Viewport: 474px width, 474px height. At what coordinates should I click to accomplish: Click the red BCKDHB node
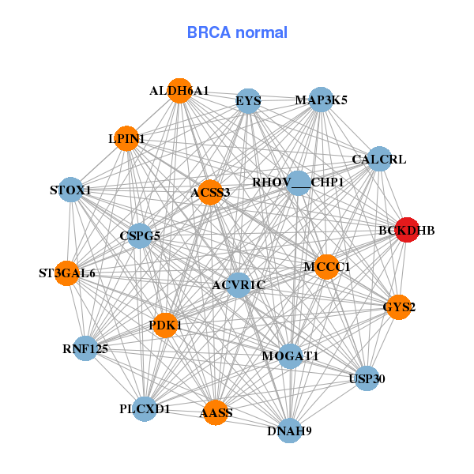tap(406, 230)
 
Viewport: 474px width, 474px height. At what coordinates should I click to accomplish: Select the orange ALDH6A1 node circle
tap(180, 91)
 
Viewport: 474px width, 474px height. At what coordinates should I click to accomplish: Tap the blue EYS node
tap(249, 101)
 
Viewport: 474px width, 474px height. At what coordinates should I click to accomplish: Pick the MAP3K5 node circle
tap(321, 100)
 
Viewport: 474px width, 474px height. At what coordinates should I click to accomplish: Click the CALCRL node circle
tap(379, 159)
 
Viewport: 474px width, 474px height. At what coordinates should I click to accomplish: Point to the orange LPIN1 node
tap(126, 139)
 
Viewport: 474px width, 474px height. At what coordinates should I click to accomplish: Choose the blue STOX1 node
tap(71, 190)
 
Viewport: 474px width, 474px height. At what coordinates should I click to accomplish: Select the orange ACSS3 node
tap(209, 192)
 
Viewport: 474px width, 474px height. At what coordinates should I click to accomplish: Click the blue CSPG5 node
tap(140, 235)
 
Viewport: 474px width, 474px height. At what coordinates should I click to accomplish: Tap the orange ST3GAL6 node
tap(67, 273)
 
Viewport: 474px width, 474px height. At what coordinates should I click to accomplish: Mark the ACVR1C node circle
tap(239, 284)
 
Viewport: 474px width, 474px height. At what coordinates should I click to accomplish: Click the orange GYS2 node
tap(399, 307)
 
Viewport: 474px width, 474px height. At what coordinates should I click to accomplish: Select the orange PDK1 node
tap(165, 325)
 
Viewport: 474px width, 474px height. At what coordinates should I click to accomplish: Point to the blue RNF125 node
tap(85, 348)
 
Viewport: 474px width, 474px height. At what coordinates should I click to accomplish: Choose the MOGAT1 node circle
tap(290, 356)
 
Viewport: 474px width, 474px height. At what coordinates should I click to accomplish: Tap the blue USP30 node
tap(367, 379)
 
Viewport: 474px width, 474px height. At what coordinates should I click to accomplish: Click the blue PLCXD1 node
tap(145, 409)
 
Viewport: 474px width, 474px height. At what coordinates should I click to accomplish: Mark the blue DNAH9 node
tap(290, 431)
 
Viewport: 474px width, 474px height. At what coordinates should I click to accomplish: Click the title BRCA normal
tap(237, 32)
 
